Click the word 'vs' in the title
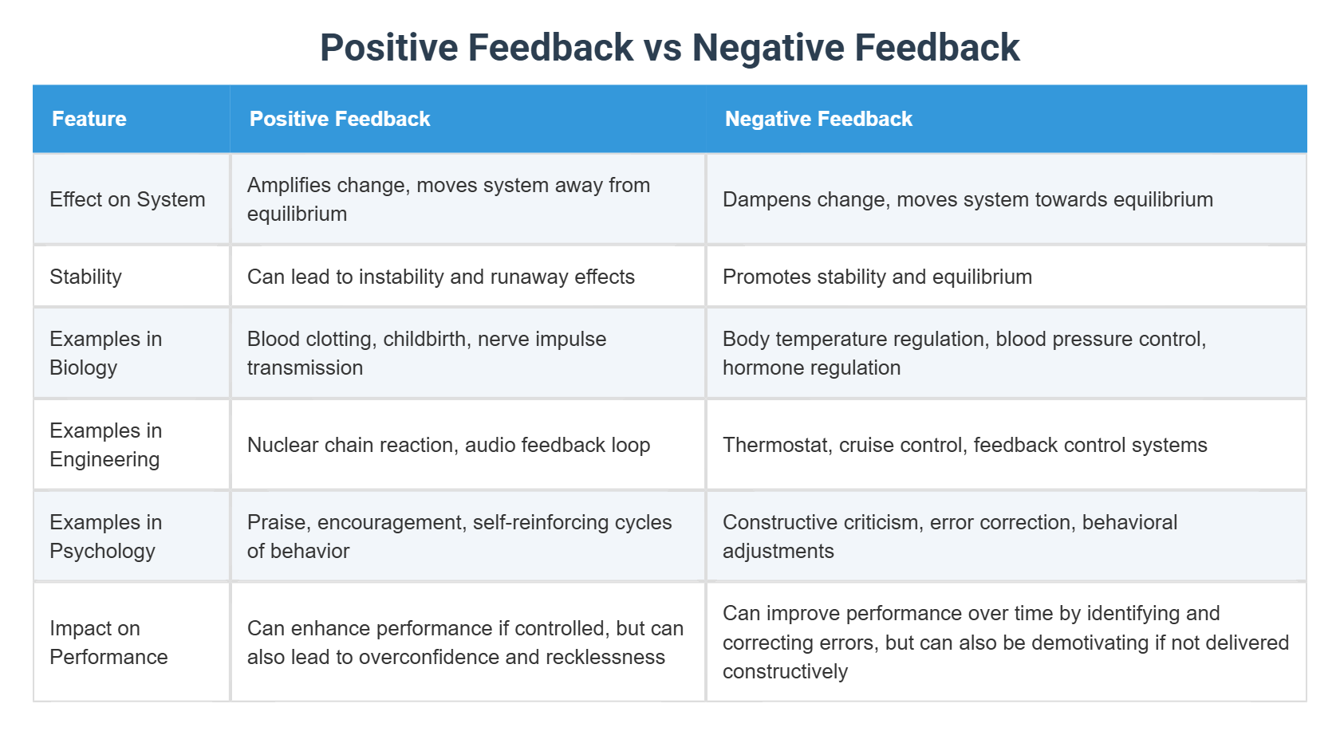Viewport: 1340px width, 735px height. click(662, 48)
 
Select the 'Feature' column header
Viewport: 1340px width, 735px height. click(89, 119)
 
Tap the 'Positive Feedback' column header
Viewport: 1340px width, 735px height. click(340, 119)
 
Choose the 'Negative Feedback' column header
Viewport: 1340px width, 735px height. click(818, 119)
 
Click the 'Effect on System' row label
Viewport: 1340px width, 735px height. click(128, 199)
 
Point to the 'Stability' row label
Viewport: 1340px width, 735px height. click(86, 277)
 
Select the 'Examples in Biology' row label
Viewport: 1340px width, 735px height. click(105, 353)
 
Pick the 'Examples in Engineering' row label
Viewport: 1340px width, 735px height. click(105, 445)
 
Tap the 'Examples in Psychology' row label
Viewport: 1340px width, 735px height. click(105, 537)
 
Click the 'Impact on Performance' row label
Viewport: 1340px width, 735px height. click(108, 643)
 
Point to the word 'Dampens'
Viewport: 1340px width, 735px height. click(759, 199)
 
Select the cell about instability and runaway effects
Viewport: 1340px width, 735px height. click(441, 277)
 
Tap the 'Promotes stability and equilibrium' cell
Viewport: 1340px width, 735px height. click(877, 277)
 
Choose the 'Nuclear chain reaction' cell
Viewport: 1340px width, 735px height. click(448, 445)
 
